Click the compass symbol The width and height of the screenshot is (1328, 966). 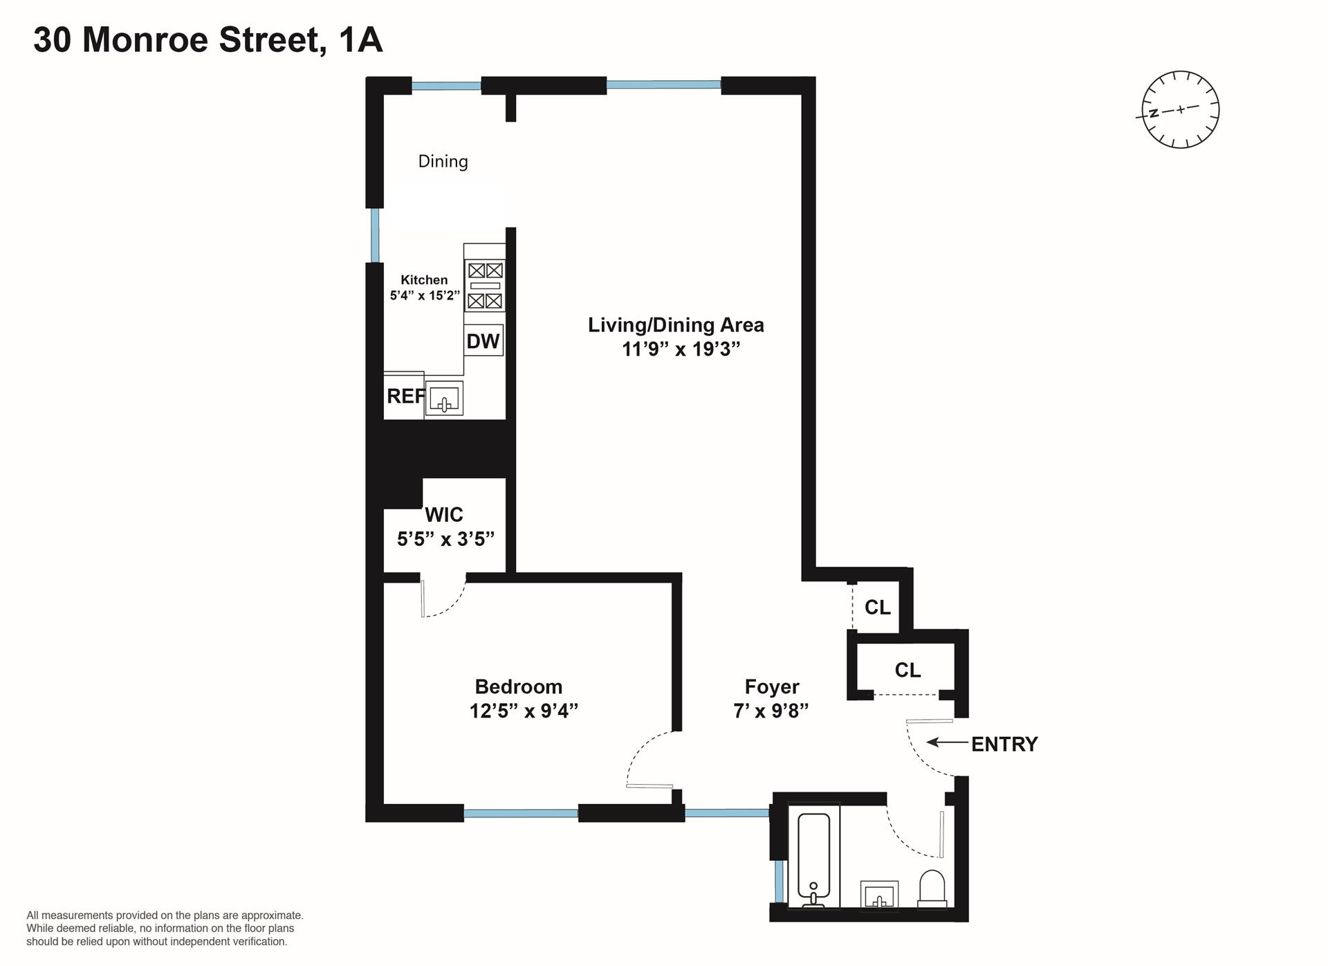pyautogui.click(x=1180, y=109)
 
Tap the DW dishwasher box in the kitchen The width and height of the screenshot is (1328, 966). pyautogui.click(x=483, y=340)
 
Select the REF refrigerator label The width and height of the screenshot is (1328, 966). pyautogui.click(x=405, y=396)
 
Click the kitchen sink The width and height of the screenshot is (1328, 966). pyautogui.click(x=444, y=399)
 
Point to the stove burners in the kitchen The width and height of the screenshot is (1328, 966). pyautogui.click(x=484, y=285)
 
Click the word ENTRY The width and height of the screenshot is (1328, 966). pyautogui.click(x=1004, y=744)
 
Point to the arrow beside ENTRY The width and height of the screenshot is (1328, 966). pyautogui.click(x=947, y=742)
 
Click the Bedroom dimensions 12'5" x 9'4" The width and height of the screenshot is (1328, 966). pyautogui.click(x=524, y=711)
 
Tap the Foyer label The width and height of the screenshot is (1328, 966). pyautogui.click(x=772, y=686)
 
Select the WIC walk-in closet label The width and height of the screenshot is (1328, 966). pyautogui.click(x=444, y=514)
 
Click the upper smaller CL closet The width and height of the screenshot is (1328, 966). pyautogui.click(x=877, y=607)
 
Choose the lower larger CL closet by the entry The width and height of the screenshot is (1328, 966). pyautogui.click(x=907, y=670)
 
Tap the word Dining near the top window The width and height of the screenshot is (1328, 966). pyautogui.click(x=443, y=161)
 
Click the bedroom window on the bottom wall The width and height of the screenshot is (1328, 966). pyautogui.click(x=521, y=814)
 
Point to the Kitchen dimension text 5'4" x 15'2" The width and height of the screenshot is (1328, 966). pyautogui.click(x=425, y=295)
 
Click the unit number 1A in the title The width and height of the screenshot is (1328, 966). pyautogui.click(x=360, y=39)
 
